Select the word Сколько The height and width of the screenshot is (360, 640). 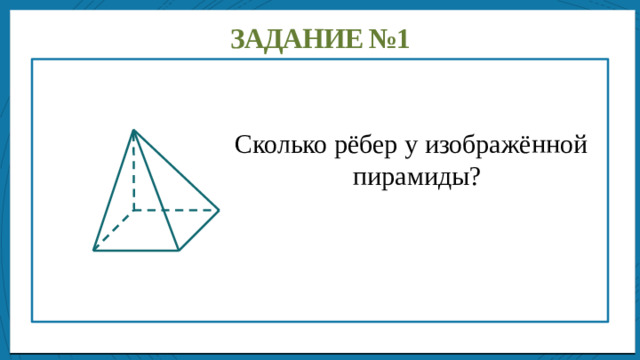(273, 145)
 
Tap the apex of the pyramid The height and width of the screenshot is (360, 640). (132, 130)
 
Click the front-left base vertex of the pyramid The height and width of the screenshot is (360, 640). (94, 250)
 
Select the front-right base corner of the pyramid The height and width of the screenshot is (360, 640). (178, 250)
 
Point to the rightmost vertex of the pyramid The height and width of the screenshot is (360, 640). (218, 210)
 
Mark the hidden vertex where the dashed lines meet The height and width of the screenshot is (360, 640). (132, 210)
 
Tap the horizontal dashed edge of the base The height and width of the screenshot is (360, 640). (175, 210)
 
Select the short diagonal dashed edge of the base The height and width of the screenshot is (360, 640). (113, 230)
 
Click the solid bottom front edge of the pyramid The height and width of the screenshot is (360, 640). (136, 250)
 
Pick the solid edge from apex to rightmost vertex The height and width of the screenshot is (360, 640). (175, 170)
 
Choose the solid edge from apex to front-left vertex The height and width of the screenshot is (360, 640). (113, 190)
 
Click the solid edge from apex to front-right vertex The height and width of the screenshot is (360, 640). (155, 190)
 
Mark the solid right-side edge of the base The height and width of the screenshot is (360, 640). (198, 230)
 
